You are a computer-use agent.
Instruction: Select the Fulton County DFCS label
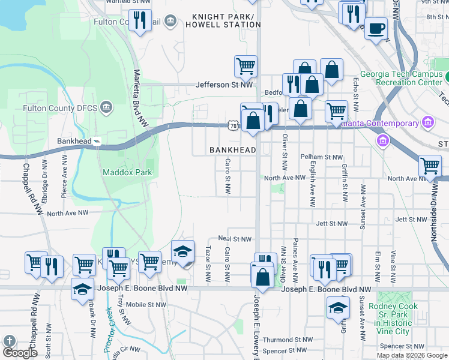pos(60,108)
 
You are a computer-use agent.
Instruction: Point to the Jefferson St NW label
pos(224,85)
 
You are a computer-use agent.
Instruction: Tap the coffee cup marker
pos(376,28)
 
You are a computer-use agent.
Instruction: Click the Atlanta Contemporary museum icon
pos(428,123)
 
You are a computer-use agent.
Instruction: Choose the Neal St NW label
pos(235,239)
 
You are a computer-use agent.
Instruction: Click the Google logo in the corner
pos(20,353)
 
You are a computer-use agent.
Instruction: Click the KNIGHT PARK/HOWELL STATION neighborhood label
pos(223,20)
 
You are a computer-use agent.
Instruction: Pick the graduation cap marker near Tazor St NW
pos(183,251)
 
